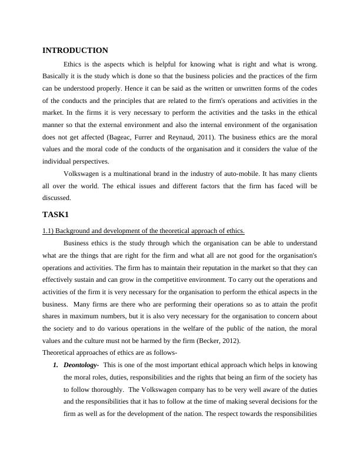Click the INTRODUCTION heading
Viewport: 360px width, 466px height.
[x=75, y=51]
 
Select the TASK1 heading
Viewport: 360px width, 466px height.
[x=56, y=214]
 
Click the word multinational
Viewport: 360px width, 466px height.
[x=137, y=174]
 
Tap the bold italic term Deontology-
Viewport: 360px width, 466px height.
[x=81, y=365]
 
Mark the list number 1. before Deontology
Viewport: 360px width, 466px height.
[x=56, y=365]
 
